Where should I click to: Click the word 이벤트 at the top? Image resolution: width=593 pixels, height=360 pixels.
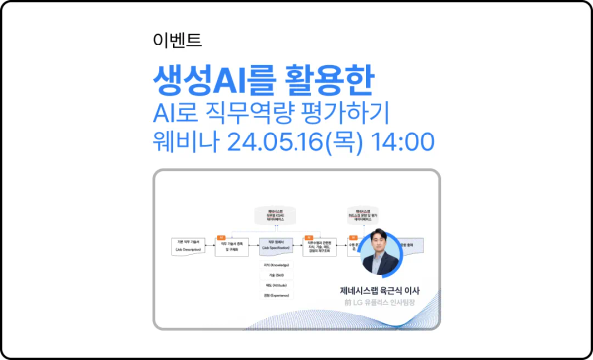coord(178,41)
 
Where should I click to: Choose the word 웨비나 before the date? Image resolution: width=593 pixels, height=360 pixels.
coord(185,140)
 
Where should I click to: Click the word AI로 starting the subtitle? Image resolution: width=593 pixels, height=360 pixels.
coord(185,109)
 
